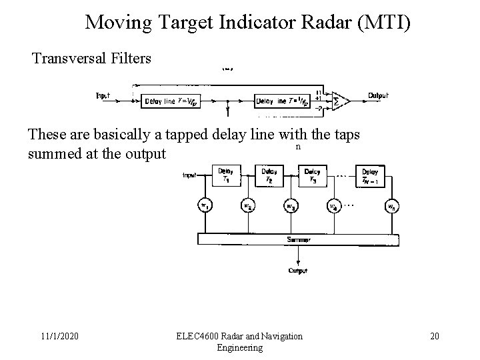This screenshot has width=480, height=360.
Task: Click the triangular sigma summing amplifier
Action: click(341, 99)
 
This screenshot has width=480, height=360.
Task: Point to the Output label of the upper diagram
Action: click(379, 95)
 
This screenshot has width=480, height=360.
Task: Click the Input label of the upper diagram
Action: click(103, 95)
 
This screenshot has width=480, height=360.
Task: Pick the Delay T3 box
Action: click(313, 176)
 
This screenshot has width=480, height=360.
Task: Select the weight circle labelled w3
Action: click(291, 207)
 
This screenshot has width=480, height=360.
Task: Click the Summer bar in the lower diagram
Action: click(293, 238)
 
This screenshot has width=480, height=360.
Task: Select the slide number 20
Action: click(434, 336)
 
